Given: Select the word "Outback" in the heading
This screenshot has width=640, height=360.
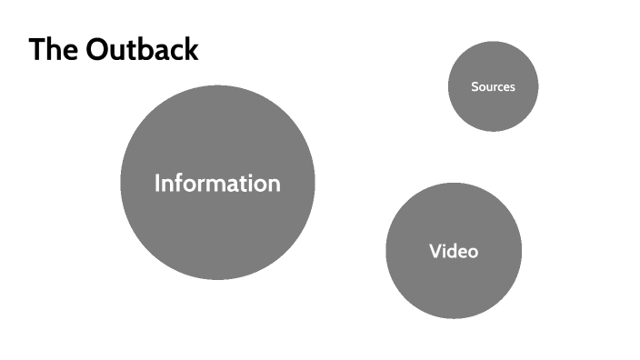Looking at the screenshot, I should (x=141, y=49).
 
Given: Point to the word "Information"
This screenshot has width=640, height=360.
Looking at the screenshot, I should (x=217, y=183).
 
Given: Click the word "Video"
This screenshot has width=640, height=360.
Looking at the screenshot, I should (x=454, y=251).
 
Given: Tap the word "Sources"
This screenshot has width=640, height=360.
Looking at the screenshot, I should (x=494, y=87).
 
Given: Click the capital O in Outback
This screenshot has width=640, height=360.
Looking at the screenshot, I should (x=98, y=50).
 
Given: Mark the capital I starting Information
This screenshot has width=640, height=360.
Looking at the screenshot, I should (x=157, y=183).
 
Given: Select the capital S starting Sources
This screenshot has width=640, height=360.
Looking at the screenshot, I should (x=475, y=87).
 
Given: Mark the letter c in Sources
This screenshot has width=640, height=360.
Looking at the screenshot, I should (x=501, y=88).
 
